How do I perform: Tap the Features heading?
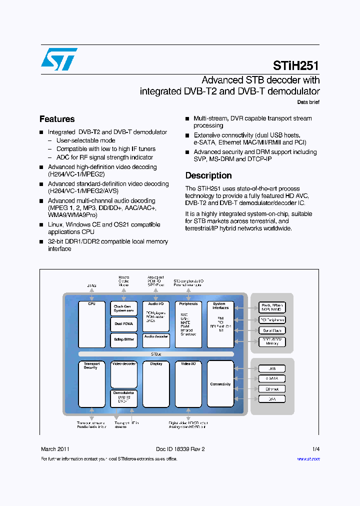click(57, 119)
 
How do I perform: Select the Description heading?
click(208, 175)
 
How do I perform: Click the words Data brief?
click(308, 102)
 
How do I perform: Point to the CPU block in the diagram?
click(91, 324)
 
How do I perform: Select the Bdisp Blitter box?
click(123, 340)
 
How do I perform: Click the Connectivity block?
click(220, 384)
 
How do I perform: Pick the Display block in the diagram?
click(156, 384)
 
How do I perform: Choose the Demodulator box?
click(123, 398)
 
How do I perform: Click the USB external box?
click(271, 368)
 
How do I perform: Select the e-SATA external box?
click(271, 378)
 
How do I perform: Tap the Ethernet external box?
click(271, 388)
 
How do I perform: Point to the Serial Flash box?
click(271, 330)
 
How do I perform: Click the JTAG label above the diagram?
click(92, 285)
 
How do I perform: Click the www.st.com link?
click(308, 459)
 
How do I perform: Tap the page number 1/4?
click(315, 449)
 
